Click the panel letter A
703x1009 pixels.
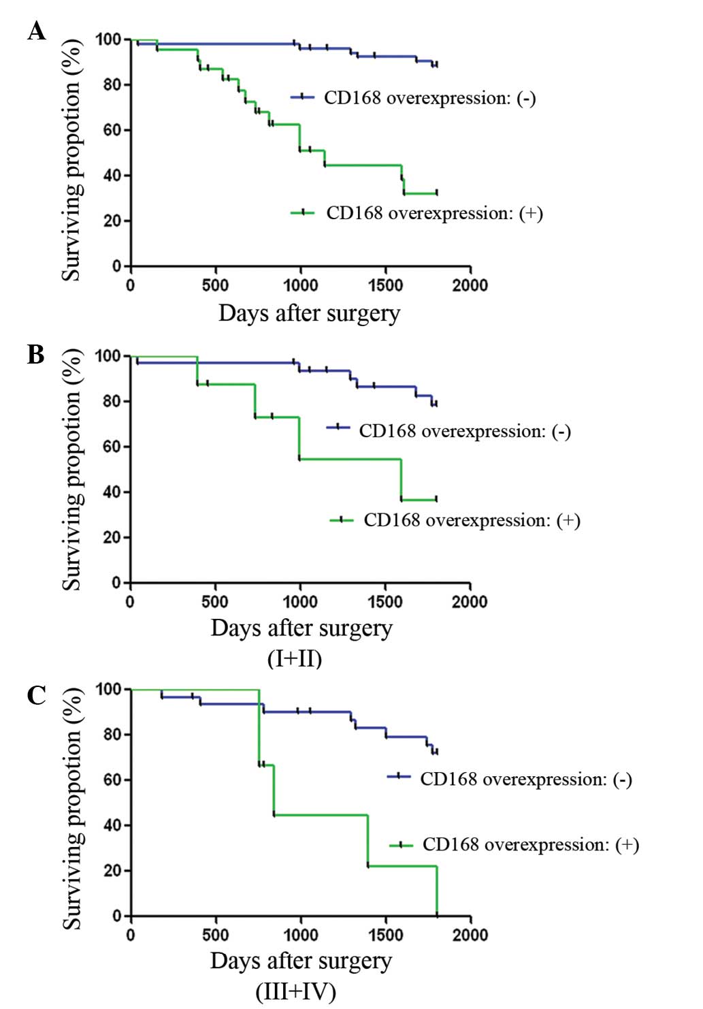coord(37,31)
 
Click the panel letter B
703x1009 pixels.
coord(35,354)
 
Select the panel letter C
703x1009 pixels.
coord(36,695)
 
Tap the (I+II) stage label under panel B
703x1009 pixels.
coord(295,658)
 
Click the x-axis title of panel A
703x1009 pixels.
coord(309,313)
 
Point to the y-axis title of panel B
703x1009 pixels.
coord(72,470)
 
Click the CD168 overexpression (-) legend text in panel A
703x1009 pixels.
coord(429,98)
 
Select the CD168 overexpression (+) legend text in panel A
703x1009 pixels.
coord(434,213)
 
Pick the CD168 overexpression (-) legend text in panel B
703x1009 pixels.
coord(465,431)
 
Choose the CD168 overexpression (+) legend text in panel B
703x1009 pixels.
coord(472,520)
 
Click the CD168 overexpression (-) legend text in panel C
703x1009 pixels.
coord(526,779)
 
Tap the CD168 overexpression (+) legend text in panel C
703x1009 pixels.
coord(531,845)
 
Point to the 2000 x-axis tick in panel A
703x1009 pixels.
coord(470,285)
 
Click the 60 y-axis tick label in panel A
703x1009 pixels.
coord(112,130)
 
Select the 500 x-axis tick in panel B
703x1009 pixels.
coord(215,601)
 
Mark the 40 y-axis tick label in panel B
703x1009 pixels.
coord(112,492)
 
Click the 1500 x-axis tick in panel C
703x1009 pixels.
coord(385,934)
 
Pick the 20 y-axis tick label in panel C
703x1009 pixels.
coord(112,870)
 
